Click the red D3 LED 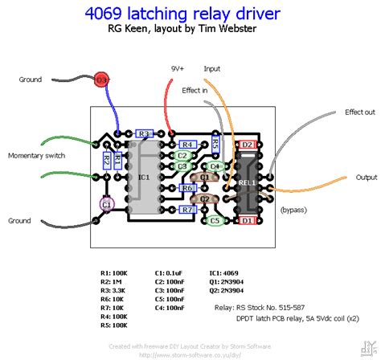(101, 80)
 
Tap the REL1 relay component (247, 182)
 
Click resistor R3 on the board (144, 133)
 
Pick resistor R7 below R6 (187, 209)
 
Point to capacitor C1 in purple (105, 205)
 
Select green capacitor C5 (214, 220)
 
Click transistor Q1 (205, 177)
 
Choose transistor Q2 (205, 198)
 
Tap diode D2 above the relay (248, 145)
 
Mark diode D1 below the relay (248, 219)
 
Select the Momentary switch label (36, 154)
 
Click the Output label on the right (367, 177)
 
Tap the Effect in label (195, 91)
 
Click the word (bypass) (295, 209)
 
